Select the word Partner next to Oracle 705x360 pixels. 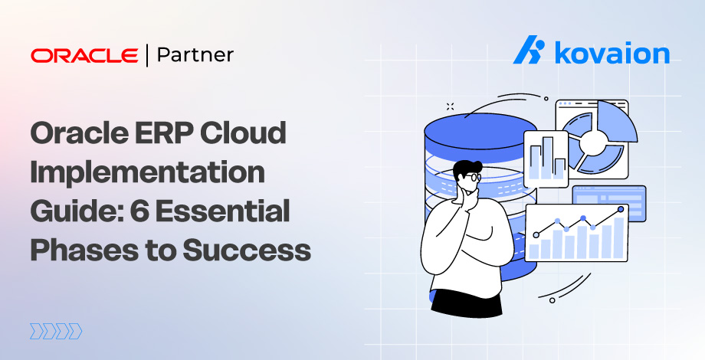(x=195, y=55)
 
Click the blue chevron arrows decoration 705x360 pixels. (x=55, y=331)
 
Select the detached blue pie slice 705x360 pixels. (x=618, y=123)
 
